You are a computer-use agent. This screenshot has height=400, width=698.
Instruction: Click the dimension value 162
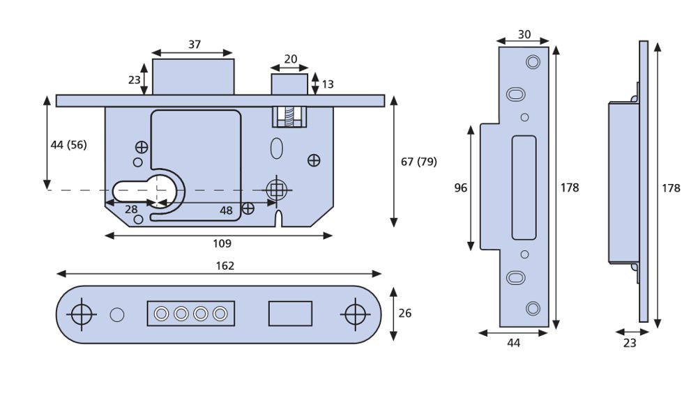click(225, 266)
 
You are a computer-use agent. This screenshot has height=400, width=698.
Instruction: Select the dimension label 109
click(222, 243)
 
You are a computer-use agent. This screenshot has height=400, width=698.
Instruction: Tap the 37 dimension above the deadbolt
click(194, 45)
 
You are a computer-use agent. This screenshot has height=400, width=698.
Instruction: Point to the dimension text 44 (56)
click(68, 145)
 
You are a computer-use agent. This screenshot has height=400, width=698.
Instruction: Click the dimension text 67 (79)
click(419, 162)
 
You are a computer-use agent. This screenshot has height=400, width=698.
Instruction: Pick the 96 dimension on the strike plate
click(461, 187)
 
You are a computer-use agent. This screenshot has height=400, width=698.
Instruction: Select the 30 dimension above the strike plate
click(524, 34)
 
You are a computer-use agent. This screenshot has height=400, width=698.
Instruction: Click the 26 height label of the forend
click(404, 313)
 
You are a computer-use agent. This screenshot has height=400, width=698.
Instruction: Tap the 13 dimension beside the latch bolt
click(328, 84)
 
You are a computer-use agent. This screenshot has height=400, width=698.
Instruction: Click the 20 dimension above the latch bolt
click(290, 59)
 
